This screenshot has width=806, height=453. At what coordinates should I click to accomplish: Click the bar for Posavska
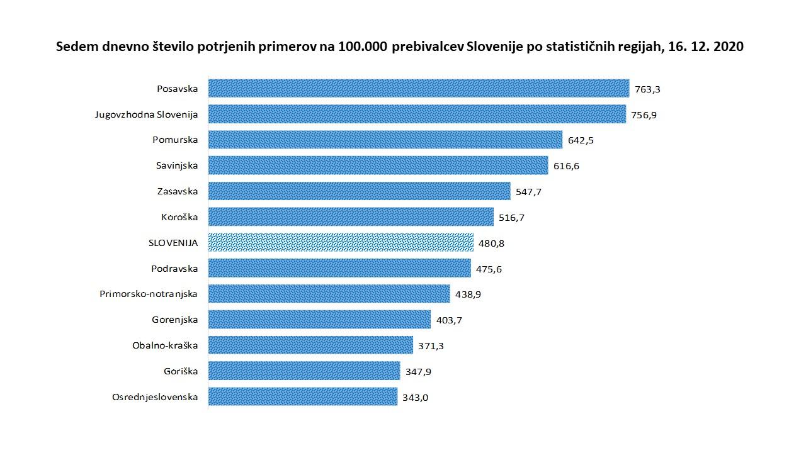(x=418, y=88)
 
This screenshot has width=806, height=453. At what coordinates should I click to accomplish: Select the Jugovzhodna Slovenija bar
(x=417, y=114)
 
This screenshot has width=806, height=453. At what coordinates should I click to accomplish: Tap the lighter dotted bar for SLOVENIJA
(x=341, y=243)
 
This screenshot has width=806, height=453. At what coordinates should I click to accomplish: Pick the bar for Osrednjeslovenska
(x=302, y=397)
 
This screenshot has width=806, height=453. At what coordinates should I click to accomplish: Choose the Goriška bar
(x=304, y=371)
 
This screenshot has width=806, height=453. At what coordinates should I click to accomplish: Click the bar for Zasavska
(x=359, y=191)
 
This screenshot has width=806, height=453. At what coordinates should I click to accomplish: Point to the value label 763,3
(x=647, y=89)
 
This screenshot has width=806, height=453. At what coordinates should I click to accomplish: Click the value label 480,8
(x=492, y=243)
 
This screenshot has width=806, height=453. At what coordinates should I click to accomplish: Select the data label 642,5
(x=581, y=140)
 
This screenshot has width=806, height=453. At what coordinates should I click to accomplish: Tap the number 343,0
(x=416, y=398)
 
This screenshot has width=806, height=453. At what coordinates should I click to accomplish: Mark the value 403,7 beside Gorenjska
(x=450, y=320)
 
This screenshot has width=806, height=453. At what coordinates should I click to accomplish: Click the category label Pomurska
(x=175, y=140)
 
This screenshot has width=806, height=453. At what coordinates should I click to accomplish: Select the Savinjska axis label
(x=177, y=165)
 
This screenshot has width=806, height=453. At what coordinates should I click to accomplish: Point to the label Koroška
(x=179, y=217)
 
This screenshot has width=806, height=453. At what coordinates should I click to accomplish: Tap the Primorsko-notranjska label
(x=149, y=294)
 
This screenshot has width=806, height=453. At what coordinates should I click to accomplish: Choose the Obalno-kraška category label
(x=165, y=345)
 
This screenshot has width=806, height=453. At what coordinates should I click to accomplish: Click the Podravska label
(x=174, y=269)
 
